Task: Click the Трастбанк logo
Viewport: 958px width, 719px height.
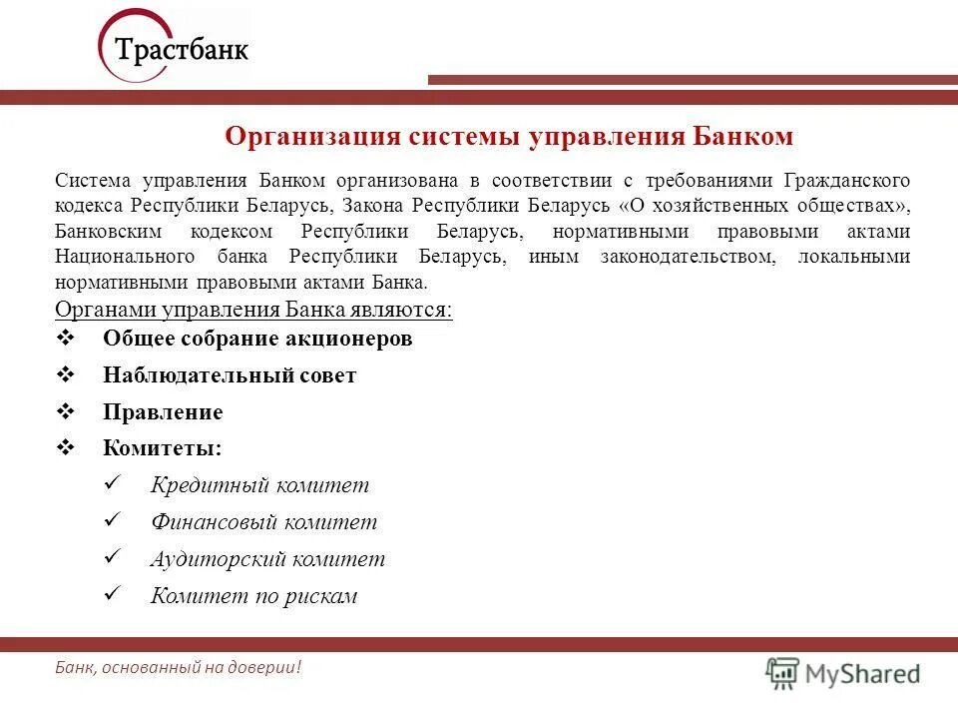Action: click(x=174, y=48)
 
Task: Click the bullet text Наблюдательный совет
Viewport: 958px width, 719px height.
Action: click(x=230, y=375)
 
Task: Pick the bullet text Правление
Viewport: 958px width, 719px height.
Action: click(x=163, y=412)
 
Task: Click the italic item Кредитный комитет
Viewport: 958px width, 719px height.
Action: click(x=259, y=485)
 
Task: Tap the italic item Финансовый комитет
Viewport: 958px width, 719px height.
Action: click(x=263, y=522)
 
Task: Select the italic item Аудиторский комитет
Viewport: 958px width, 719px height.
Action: click(x=267, y=559)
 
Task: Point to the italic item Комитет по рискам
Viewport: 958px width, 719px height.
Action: click(x=253, y=596)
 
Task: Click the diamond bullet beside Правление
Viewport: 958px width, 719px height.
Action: click(x=69, y=411)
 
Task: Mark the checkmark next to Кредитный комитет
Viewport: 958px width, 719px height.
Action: click(x=113, y=483)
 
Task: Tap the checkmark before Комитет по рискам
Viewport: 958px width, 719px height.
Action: click(x=113, y=594)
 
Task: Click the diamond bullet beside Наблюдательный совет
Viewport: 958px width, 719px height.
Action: click(x=69, y=374)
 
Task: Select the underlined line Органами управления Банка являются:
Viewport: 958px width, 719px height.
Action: click(x=253, y=310)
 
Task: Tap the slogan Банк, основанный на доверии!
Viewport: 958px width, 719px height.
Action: click(x=178, y=667)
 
